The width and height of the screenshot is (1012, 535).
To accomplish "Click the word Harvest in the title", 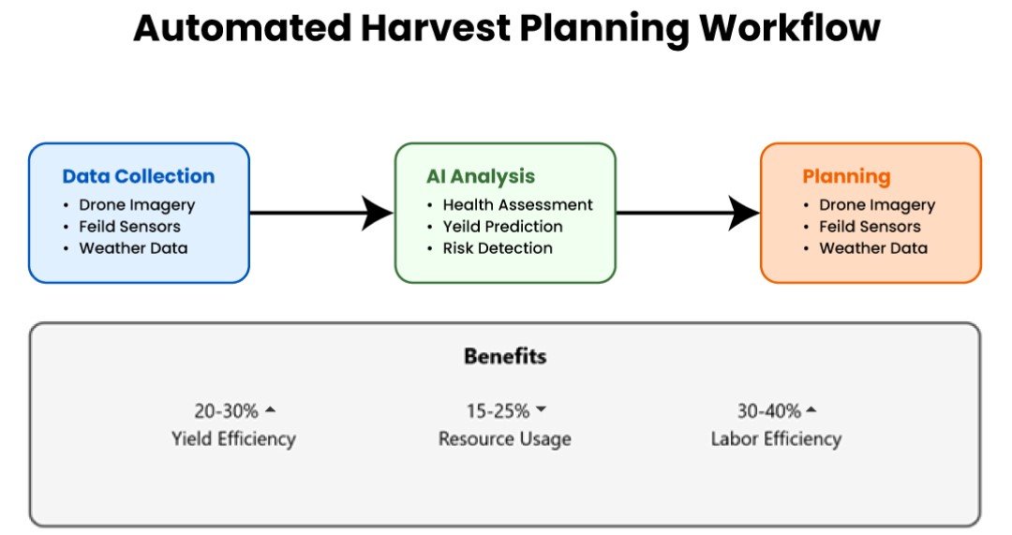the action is (x=436, y=28).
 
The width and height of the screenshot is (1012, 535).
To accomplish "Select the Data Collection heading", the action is (x=139, y=176).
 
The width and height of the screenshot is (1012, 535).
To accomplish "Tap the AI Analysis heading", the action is (x=481, y=176).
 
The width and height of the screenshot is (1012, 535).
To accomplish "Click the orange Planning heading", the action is (x=846, y=177).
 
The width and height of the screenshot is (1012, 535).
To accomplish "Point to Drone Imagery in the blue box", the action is (x=137, y=205).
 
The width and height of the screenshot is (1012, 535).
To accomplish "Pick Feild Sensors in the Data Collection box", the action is (x=129, y=227).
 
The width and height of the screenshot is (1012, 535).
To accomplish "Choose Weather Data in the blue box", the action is (x=134, y=248).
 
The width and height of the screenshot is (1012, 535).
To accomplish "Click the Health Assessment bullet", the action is (x=517, y=205).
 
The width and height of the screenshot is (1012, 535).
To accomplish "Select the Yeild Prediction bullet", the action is (x=503, y=227).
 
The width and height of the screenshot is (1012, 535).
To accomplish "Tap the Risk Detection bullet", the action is (x=498, y=248).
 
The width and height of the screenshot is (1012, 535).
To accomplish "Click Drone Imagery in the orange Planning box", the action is (x=877, y=205).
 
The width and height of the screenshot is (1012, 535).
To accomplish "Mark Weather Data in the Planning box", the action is (x=873, y=248).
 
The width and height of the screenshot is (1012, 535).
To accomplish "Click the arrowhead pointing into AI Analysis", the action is (x=378, y=213).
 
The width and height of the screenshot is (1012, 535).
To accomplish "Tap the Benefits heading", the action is (x=505, y=356).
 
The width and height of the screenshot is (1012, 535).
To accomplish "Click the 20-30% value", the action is (x=226, y=410).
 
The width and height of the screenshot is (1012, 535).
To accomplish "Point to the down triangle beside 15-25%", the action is (x=541, y=409).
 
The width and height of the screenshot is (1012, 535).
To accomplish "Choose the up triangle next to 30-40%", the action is (x=811, y=409).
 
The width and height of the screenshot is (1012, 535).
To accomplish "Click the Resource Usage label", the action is (x=505, y=438).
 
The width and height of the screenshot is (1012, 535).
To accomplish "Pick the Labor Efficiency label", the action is (x=777, y=438).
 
